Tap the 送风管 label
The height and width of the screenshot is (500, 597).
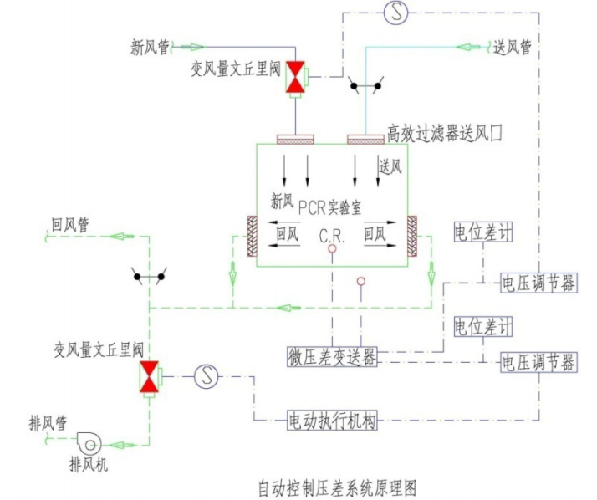513,48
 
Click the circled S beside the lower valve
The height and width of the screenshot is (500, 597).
206,377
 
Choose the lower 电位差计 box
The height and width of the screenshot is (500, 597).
480,324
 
